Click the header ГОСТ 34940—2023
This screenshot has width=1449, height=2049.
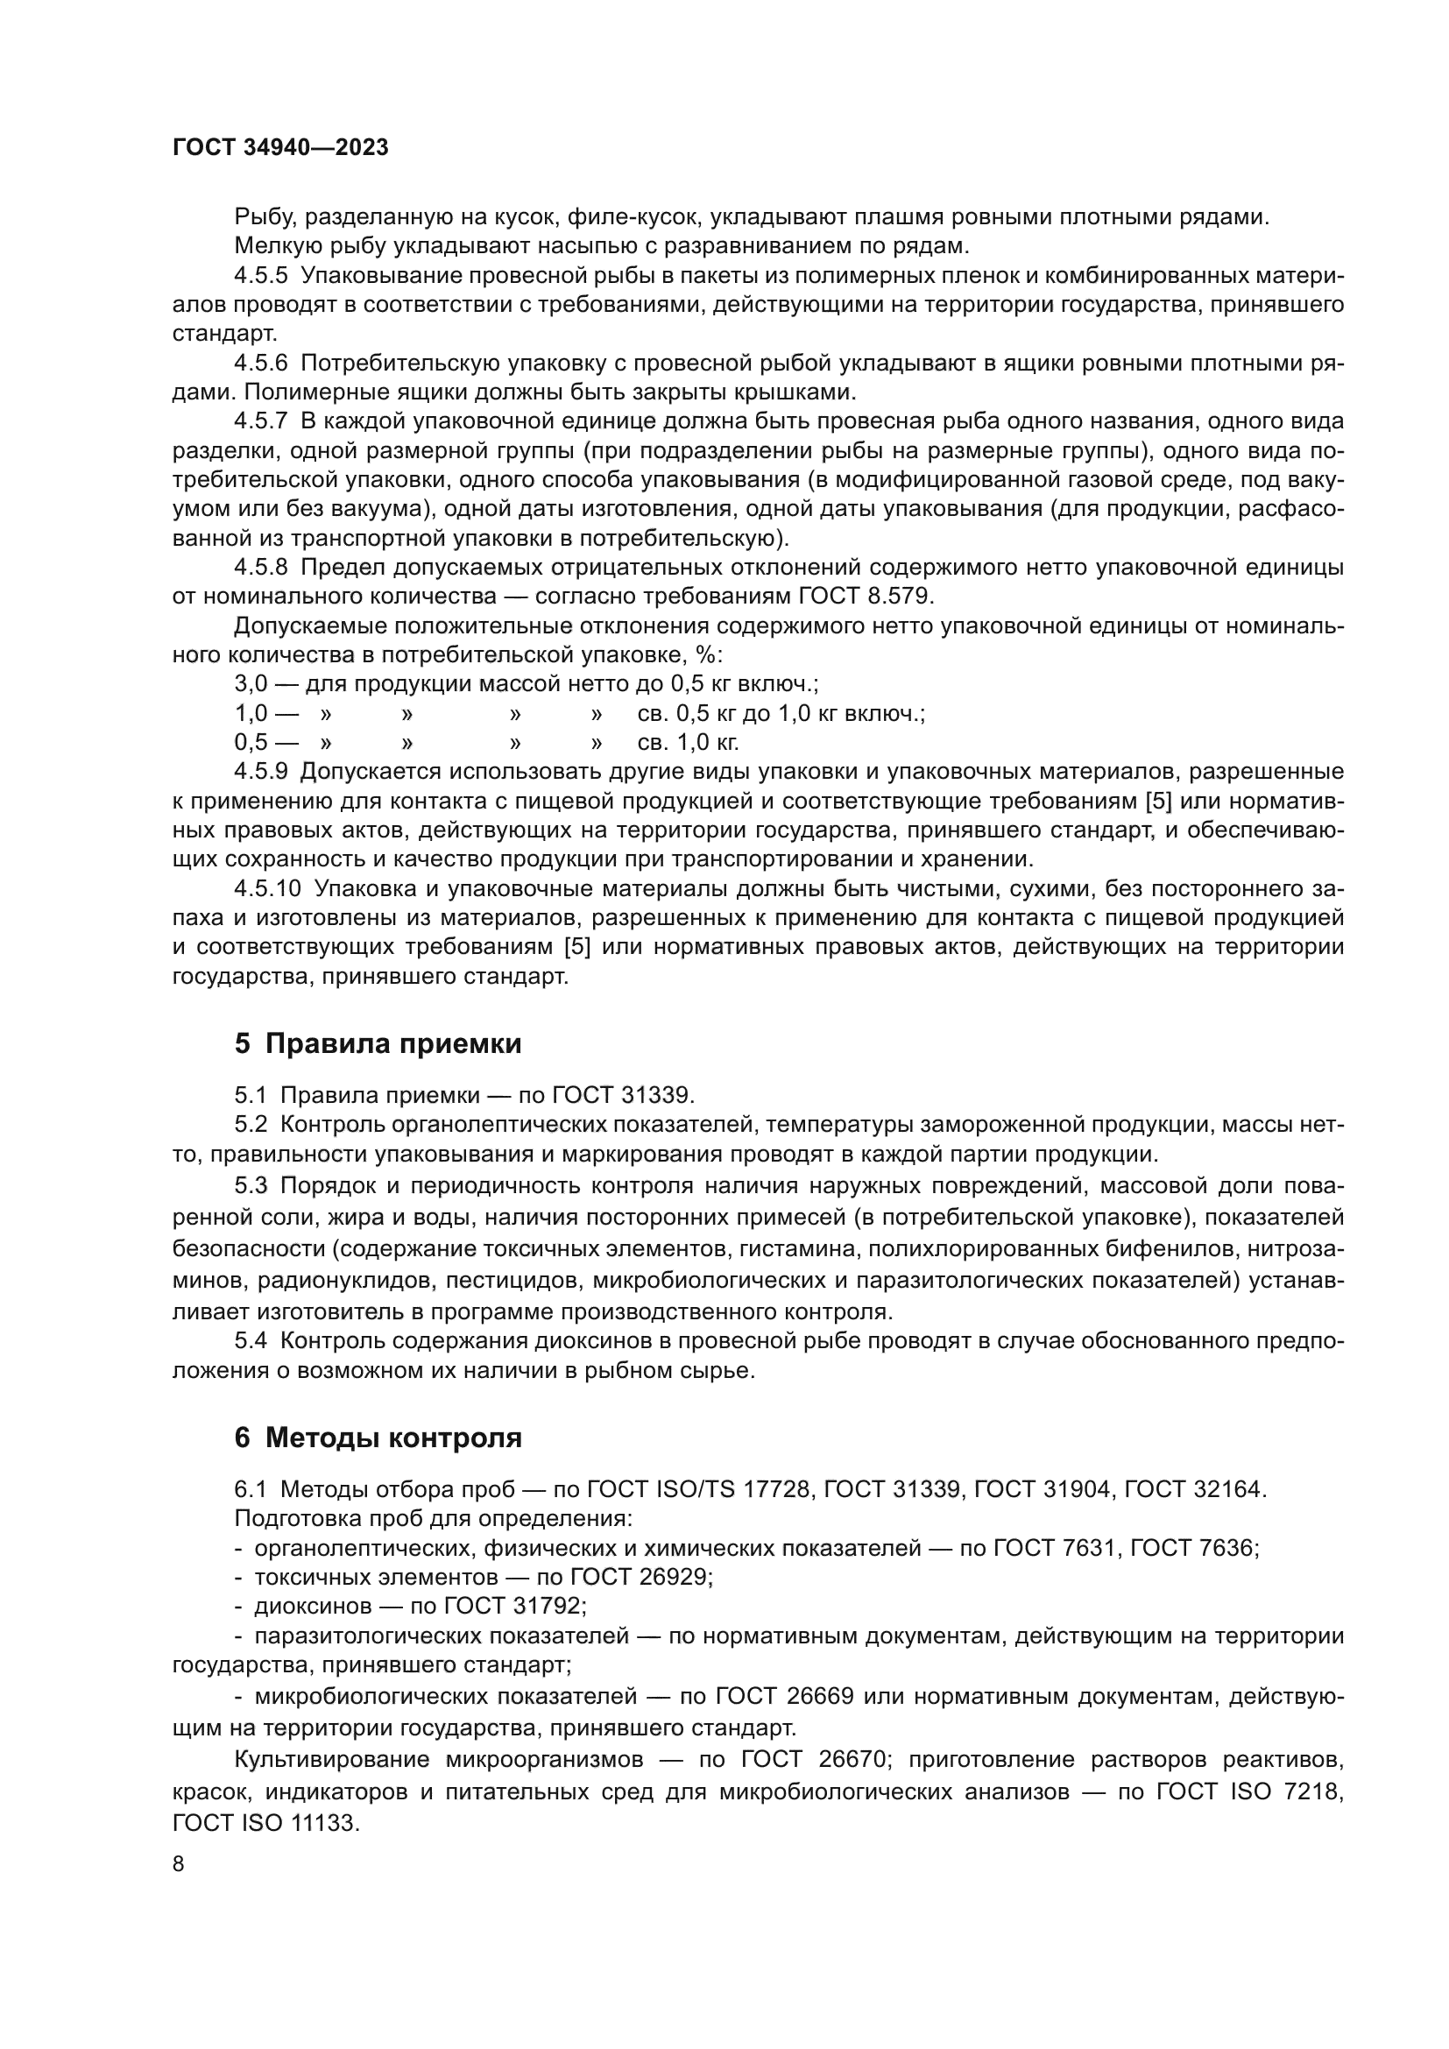click(280, 148)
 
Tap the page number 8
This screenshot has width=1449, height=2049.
click(179, 1863)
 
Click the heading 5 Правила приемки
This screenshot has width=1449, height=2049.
click(378, 1043)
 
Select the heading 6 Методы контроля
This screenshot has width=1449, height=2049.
click(378, 1438)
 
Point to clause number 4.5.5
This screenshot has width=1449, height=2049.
click(260, 276)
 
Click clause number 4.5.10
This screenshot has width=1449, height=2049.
click(267, 888)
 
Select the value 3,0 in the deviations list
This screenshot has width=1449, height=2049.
click(250, 683)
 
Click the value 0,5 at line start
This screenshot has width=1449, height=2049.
click(250, 742)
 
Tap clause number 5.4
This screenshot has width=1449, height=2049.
click(251, 1340)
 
